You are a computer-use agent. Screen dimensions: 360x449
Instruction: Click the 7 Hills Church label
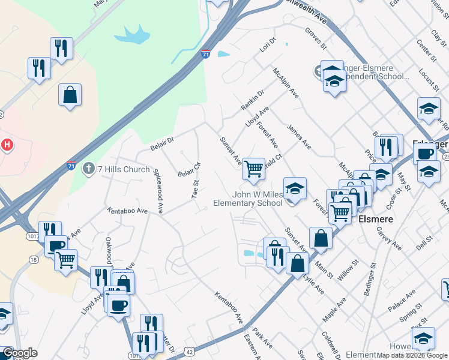click(124, 169)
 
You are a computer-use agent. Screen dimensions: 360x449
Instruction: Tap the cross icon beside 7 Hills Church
click(89, 169)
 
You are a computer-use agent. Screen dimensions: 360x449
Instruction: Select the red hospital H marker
click(7, 145)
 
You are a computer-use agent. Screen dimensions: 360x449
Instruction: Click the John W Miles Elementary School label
click(249, 199)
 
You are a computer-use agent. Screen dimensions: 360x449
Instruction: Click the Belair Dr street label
click(161, 143)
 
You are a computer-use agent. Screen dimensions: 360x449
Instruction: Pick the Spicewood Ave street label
click(158, 191)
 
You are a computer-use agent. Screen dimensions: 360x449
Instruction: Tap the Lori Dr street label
click(268, 46)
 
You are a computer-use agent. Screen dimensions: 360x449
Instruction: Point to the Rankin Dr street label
click(253, 100)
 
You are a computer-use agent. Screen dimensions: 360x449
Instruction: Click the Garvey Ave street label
click(388, 237)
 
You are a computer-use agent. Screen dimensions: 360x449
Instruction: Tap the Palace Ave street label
click(401, 300)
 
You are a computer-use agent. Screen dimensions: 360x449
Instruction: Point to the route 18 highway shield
click(34, 259)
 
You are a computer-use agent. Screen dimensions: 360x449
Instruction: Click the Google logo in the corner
click(20, 353)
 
